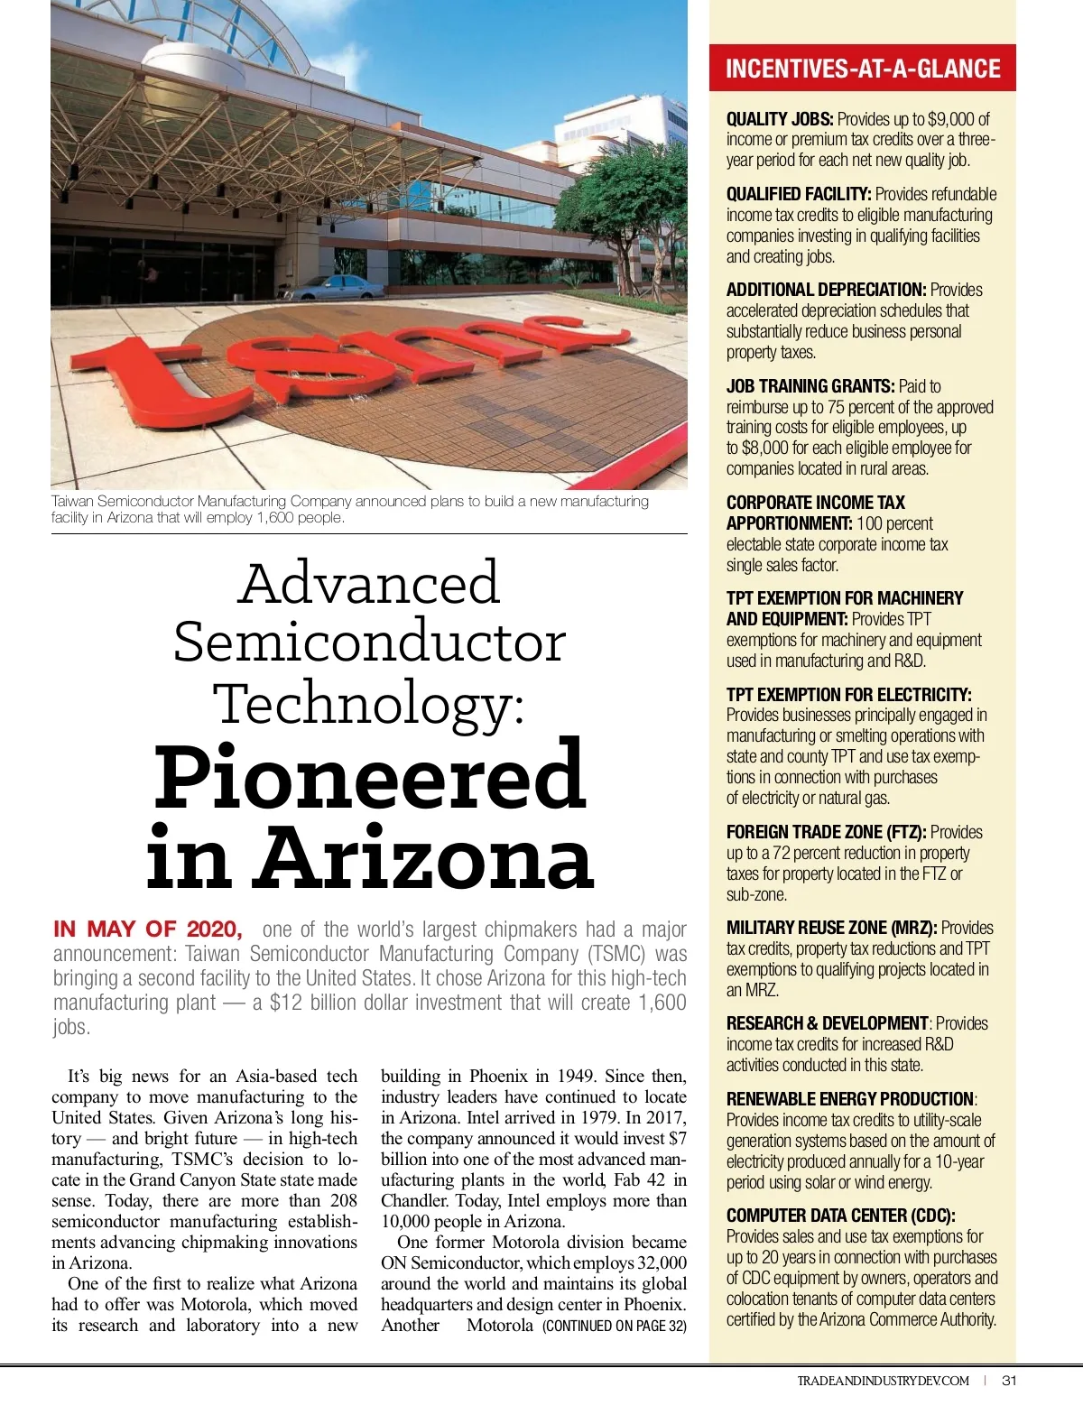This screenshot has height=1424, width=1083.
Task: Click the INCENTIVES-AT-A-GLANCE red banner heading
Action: point(863,69)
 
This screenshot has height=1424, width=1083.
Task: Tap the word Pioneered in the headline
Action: point(370,778)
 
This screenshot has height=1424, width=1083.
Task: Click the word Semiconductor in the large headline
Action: point(369,643)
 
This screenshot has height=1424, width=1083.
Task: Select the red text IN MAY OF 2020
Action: point(148,929)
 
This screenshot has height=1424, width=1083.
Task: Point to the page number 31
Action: point(1010,1381)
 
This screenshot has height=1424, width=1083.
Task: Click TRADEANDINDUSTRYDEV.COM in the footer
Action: point(883,1381)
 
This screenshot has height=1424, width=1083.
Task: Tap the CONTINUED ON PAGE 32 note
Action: point(614,1326)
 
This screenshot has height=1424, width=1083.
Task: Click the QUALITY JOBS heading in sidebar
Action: point(780,119)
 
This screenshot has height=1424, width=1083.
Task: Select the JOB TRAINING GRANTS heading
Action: point(810,386)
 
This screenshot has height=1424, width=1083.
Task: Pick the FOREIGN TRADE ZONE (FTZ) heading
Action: point(827,832)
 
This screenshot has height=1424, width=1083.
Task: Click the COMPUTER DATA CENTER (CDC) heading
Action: point(840,1216)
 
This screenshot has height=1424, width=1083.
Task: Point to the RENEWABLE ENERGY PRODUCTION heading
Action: point(849,1099)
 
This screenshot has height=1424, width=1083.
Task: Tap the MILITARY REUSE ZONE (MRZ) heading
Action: point(831,928)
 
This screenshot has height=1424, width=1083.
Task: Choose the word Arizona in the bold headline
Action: point(422,858)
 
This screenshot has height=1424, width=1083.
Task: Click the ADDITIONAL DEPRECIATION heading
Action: point(826,290)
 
